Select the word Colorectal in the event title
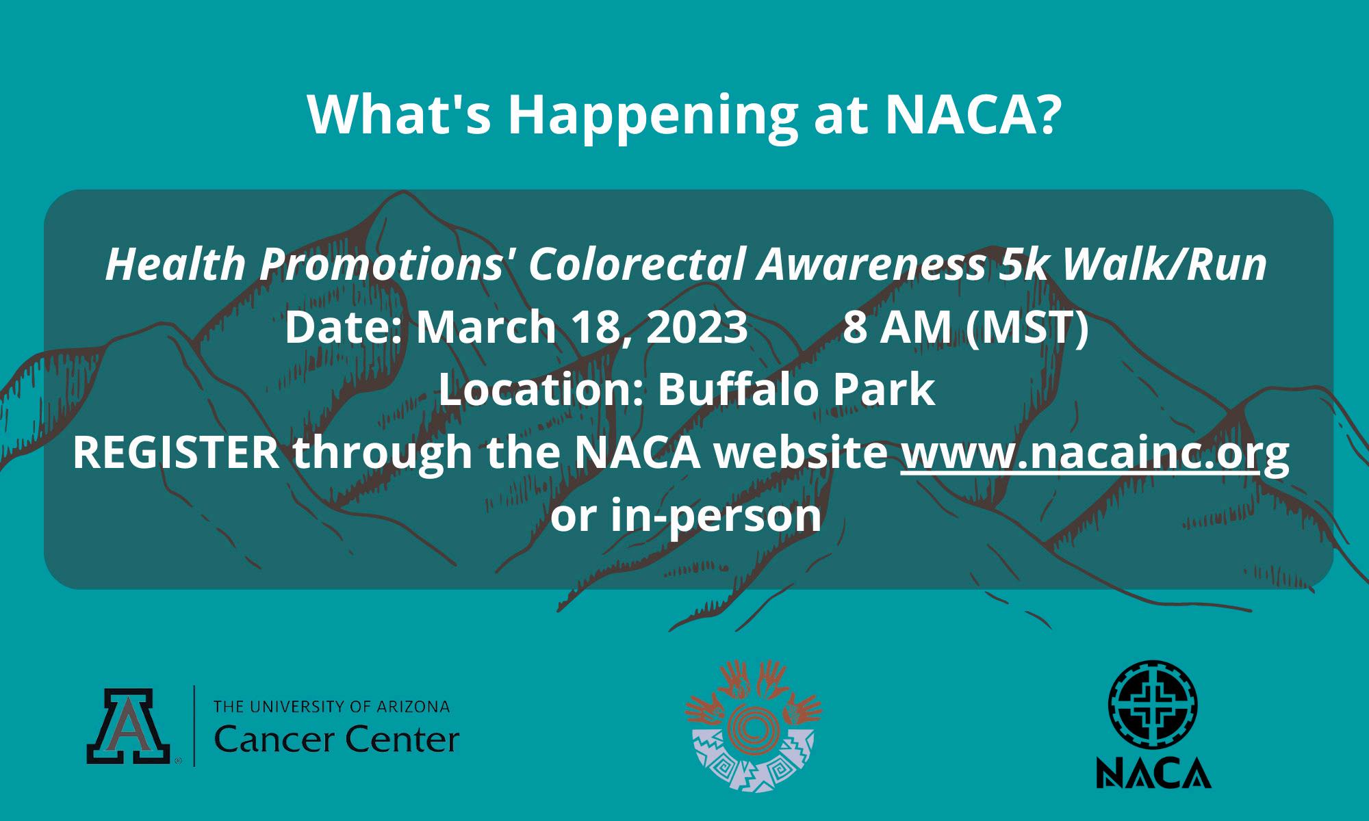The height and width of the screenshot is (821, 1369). coord(636,265)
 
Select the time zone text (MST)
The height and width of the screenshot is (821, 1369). coord(1027,328)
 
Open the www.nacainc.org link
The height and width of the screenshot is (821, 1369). coord(1095,454)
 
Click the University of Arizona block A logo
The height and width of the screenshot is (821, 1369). coord(129,726)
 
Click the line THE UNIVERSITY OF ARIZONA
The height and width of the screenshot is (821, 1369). coord(332,706)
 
